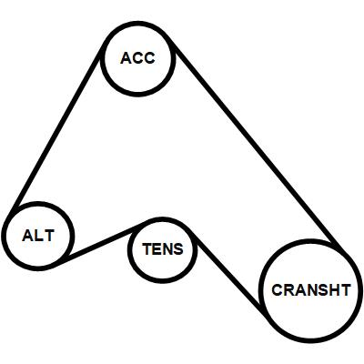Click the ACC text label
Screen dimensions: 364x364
(137, 58)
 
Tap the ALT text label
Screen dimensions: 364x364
(38, 236)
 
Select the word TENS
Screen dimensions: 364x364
(163, 249)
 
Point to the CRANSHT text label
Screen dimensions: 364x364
(311, 290)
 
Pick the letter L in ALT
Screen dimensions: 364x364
(39, 236)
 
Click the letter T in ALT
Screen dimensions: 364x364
(49, 236)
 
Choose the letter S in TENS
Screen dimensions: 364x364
(178, 249)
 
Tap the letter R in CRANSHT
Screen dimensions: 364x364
(289, 290)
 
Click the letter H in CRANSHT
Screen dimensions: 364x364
(334, 290)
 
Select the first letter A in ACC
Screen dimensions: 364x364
(126, 58)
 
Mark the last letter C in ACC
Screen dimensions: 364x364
(149, 58)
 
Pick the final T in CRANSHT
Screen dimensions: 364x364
(345, 290)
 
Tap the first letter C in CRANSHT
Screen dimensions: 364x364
(278, 290)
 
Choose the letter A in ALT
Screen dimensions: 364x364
(28, 236)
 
